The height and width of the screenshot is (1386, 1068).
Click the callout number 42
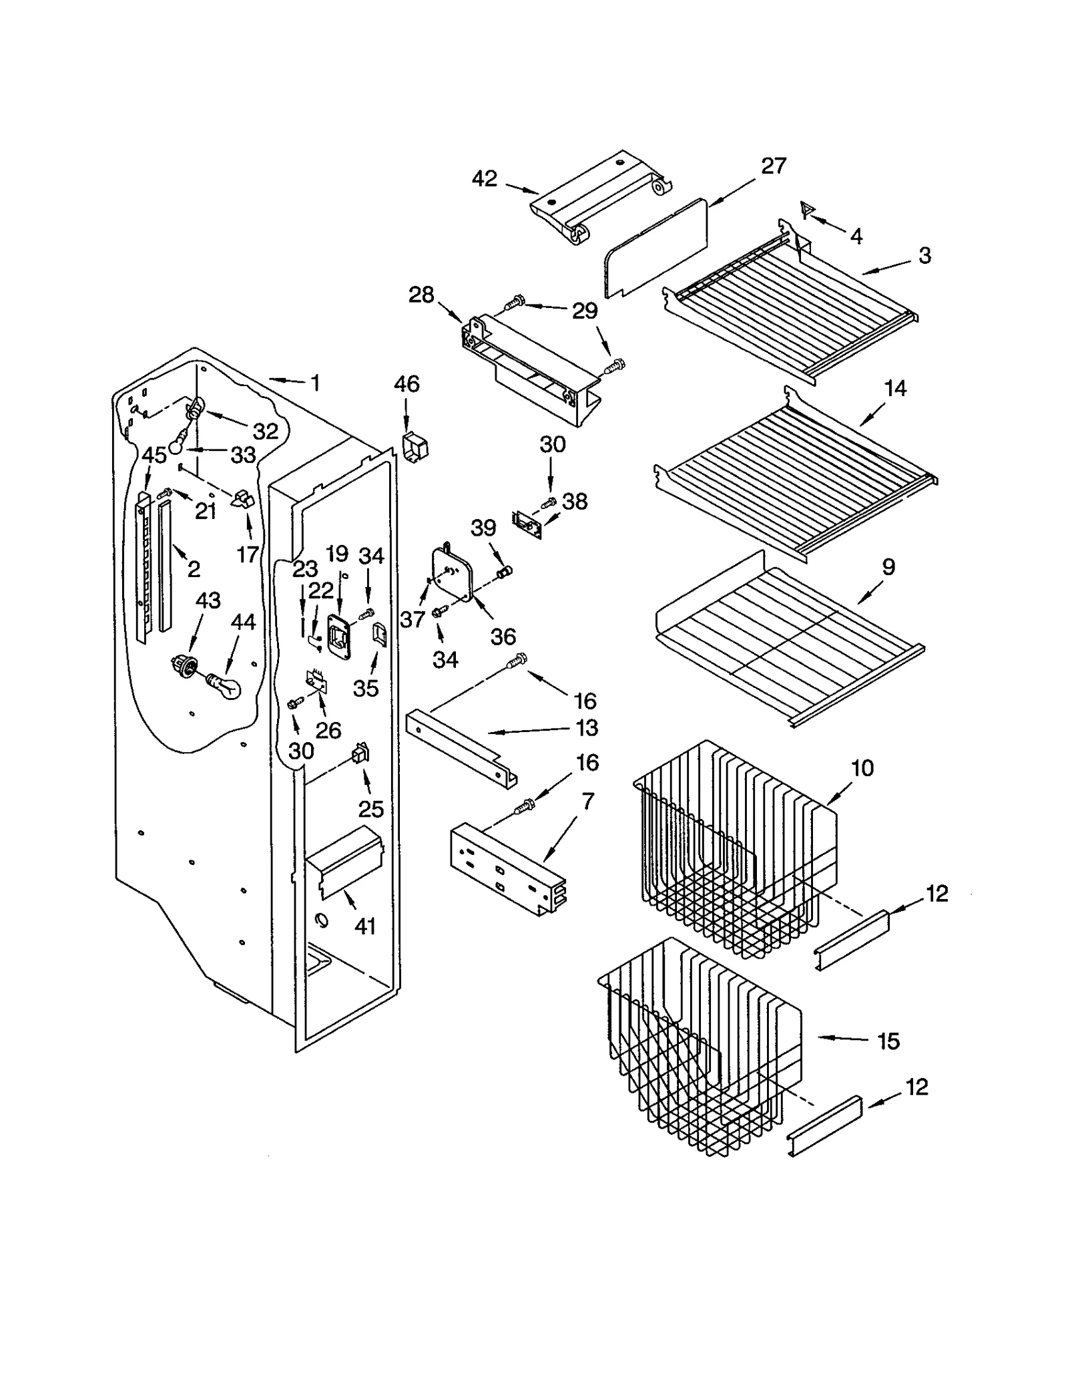[x=484, y=179]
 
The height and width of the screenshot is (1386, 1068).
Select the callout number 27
[x=773, y=166]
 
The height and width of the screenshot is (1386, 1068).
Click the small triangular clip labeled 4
[x=807, y=211]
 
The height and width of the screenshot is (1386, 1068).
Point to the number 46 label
[x=407, y=384]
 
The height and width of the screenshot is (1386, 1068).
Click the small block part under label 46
[x=415, y=445]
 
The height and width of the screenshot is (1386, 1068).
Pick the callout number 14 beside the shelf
[x=894, y=388]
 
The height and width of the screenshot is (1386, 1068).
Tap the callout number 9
[x=888, y=567]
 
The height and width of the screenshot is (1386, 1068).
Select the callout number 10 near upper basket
[x=862, y=768]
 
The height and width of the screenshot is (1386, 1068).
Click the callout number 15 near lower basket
[x=888, y=1041]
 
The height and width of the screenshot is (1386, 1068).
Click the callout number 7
[x=587, y=802]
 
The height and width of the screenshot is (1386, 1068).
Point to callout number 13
[x=587, y=728]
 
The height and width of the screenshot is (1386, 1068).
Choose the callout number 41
[x=365, y=926]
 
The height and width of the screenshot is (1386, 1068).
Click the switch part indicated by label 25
[x=360, y=754]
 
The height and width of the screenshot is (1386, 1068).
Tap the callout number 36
[x=503, y=637]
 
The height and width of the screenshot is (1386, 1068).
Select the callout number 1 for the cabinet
[x=315, y=383]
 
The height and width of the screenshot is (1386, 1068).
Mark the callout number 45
[x=154, y=456]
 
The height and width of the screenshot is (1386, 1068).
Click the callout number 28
[x=421, y=295]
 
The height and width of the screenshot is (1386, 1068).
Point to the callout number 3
[x=924, y=255]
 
